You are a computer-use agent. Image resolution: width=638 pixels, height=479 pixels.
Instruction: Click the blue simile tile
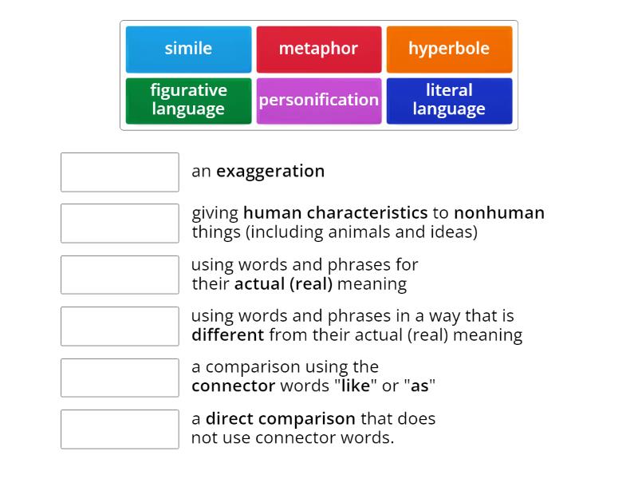point(188,49)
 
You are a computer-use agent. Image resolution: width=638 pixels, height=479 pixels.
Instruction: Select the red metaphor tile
point(318,49)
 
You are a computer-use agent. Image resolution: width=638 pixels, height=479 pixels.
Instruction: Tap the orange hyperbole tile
point(449,49)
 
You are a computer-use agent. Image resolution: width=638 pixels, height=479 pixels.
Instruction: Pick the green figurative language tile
point(188,100)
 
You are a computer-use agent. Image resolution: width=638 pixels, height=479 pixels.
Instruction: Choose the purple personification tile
point(318,100)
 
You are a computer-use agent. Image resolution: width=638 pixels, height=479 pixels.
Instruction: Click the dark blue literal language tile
point(449,100)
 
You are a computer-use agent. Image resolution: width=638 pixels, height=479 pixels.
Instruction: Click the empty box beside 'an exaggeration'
point(120,172)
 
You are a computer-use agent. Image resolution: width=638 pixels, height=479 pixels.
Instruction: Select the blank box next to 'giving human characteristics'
point(120,224)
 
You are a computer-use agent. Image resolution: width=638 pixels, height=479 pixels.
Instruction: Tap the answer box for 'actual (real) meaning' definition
point(120,275)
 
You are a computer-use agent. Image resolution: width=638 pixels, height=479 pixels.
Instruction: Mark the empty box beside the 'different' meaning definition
point(120,327)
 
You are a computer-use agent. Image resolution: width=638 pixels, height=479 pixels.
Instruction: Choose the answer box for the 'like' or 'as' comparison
point(120,378)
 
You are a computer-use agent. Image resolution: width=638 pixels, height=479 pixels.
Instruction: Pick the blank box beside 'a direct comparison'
point(120,429)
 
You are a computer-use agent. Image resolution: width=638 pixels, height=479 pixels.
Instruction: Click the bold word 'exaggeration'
point(270,171)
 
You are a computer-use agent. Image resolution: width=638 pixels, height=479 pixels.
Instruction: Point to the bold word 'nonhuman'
point(499,213)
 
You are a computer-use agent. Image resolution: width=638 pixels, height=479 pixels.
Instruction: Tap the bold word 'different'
point(227,335)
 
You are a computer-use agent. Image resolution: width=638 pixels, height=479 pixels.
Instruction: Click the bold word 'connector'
point(233,386)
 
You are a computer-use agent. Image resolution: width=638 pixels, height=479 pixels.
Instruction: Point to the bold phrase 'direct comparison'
point(280,418)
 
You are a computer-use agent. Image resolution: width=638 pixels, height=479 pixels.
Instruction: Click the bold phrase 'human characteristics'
point(335,213)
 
